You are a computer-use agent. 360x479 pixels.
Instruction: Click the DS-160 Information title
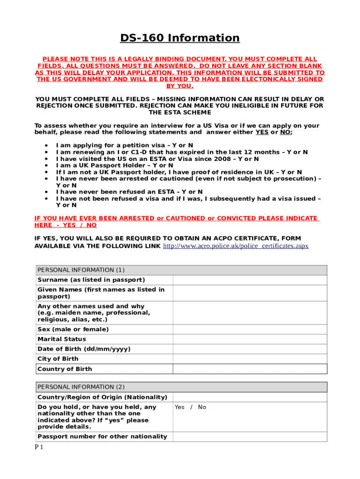coord(180,38)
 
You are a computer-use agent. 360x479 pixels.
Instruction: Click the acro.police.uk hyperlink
coord(235,246)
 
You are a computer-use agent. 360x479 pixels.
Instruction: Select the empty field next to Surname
coord(250,280)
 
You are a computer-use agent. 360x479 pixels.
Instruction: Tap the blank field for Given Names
coord(250,293)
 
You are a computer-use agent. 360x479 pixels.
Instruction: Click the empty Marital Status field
coord(250,339)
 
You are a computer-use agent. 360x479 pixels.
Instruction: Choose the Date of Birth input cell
coord(250,349)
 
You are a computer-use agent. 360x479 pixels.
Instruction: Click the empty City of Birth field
coord(250,359)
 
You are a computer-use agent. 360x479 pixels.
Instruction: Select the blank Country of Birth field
coord(250,369)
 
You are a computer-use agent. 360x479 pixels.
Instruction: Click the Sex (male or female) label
coord(73,329)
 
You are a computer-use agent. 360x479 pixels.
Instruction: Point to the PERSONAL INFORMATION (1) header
coord(81,270)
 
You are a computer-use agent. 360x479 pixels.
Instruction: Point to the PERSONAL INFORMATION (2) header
coord(81,387)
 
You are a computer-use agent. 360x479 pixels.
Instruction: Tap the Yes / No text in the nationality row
coord(190,407)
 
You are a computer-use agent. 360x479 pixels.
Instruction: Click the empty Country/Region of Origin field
coord(250,397)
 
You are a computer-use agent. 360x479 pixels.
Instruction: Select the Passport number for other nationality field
coord(250,436)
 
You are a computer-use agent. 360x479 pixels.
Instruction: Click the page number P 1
coord(39,447)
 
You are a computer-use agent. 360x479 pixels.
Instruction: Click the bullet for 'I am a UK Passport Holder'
coord(46,165)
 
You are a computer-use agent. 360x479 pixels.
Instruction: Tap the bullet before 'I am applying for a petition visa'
coord(46,145)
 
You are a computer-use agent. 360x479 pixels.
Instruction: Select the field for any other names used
coord(250,312)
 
